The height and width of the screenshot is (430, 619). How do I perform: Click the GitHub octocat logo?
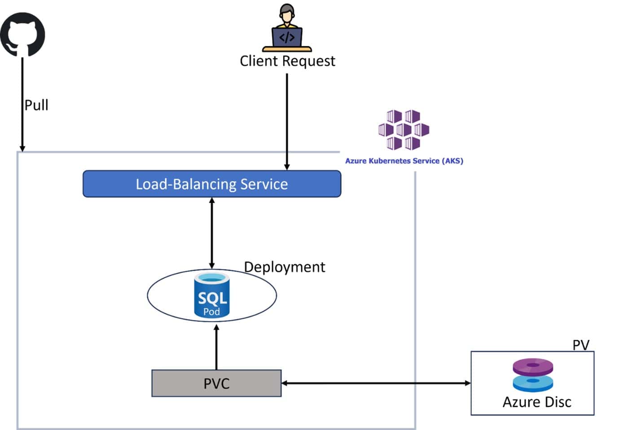(x=22, y=34)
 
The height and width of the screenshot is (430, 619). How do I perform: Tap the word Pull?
(x=36, y=105)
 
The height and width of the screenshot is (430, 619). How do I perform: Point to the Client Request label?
(x=287, y=61)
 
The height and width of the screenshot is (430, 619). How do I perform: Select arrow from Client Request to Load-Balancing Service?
(x=287, y=121)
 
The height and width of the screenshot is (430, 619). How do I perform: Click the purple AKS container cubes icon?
(x=404, y=130)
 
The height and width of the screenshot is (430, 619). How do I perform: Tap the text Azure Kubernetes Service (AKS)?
(x=404, y=161)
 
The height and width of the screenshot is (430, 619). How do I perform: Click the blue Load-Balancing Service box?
(x=212, y=184)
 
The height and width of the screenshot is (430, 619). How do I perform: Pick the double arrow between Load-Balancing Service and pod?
(x=212, y=233)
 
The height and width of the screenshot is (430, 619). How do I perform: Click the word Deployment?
(x=285, y=267)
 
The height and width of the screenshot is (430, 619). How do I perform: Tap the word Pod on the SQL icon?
(x=211, y=312)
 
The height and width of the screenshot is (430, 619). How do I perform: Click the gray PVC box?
(x=216, y=383)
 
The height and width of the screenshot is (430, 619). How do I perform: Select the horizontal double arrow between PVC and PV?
(x=376, y=383)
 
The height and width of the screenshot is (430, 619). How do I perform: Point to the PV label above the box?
(x=581, y=345)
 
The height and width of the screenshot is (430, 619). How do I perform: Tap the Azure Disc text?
(x=537, y=402)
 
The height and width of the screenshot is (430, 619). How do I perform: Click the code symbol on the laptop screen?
(x=287, y=37)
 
